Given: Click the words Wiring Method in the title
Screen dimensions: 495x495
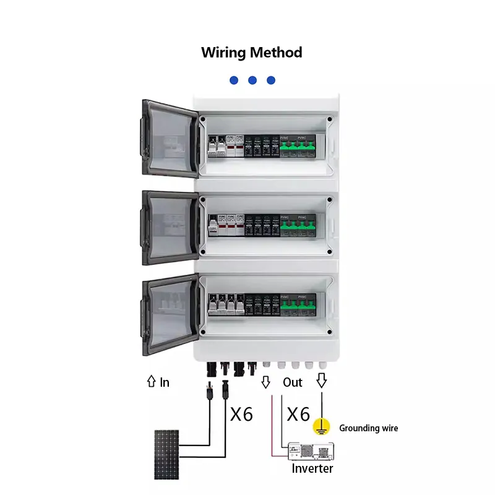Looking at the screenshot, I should coord(251,53).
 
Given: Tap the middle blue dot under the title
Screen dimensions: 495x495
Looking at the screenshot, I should coord(252,80).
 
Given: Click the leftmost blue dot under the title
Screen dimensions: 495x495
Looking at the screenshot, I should coord(233,80).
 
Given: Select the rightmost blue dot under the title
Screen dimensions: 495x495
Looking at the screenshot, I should coord(270,80).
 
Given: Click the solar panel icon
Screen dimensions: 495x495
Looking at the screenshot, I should coord(166,454).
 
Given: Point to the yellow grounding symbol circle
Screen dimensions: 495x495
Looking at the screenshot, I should coord(321,426).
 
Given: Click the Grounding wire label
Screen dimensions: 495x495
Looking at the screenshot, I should coord(368,428).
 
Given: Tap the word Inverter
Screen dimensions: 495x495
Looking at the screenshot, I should coord(312,468).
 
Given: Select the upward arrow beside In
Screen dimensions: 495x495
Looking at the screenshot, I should coord(150,382).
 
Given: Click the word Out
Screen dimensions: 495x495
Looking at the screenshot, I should coord(293,382).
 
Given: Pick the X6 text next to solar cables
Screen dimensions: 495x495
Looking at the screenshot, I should coord(241,414).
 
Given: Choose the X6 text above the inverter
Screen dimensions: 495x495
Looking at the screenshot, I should coord(298,414).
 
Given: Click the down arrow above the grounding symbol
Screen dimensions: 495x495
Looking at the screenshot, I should coord(321,382).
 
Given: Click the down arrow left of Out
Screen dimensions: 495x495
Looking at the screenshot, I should coord(266,382).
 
